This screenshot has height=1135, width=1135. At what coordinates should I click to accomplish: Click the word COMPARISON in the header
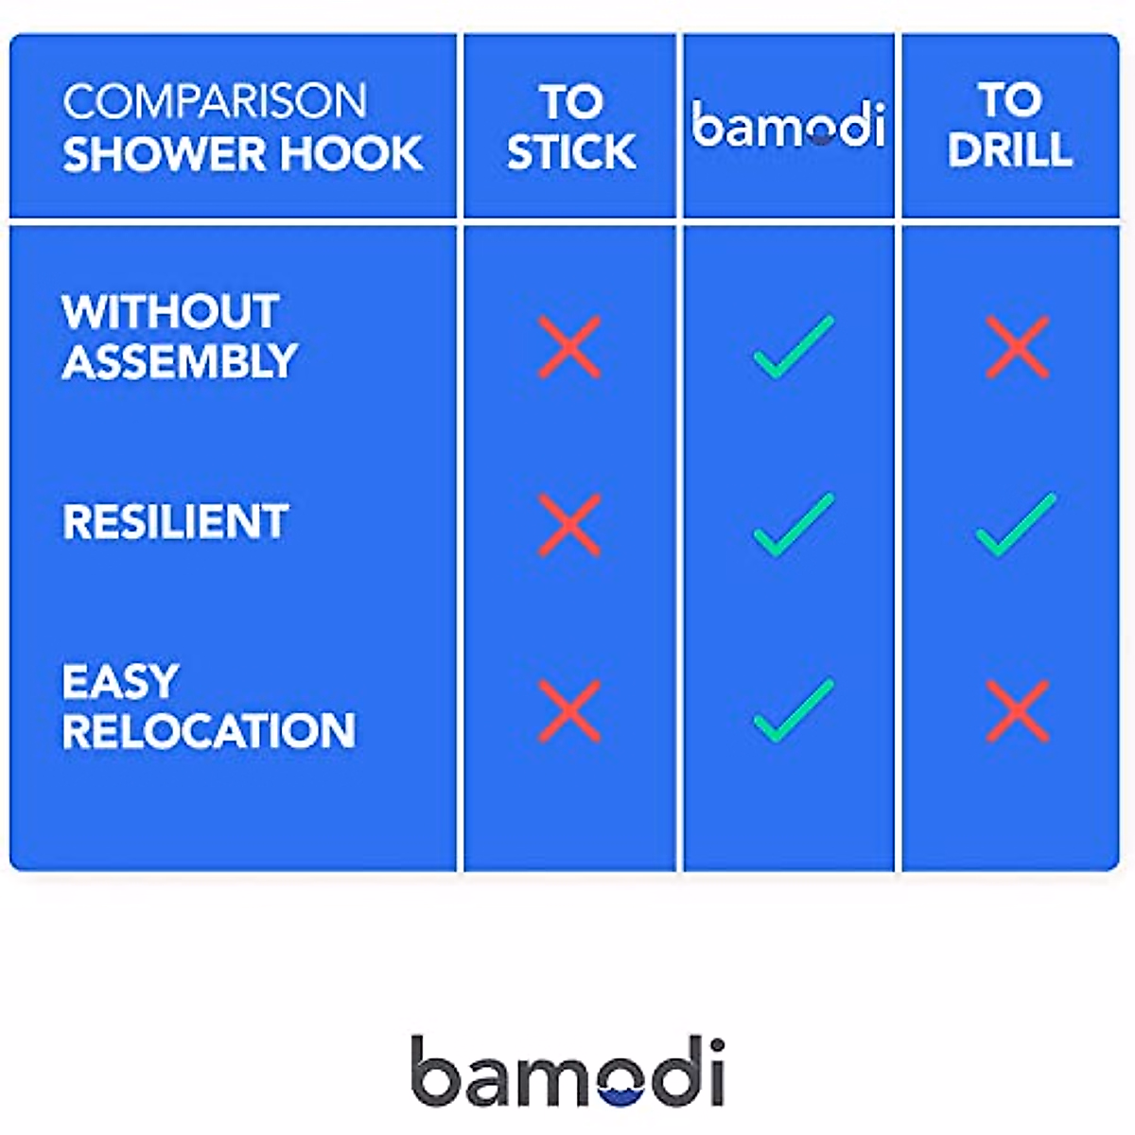[x=215, y=101]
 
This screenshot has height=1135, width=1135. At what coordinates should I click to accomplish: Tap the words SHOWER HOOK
[x=243, y=154]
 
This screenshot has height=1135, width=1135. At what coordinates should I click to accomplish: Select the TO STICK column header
[x=571, y=127]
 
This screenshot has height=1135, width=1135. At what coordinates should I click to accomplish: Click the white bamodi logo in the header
[x=789, y=124]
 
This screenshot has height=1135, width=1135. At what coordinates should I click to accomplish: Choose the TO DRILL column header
[x=1010, y=124]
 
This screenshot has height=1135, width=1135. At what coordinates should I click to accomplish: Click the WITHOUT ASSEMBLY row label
[x=180, y=337]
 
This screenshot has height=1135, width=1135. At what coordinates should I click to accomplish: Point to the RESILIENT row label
[x=176, y=522]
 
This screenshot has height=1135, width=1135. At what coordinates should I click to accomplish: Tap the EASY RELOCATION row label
[x=208, y=707]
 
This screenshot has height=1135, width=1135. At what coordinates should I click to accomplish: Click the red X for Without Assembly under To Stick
[x=569, y=347]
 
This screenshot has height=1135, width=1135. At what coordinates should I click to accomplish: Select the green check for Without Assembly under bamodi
[x=794, y=347]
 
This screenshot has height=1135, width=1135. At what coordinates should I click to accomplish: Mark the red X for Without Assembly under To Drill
[x=1017, y=347]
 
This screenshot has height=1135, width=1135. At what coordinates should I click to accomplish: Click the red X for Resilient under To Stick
[x=569, y=525]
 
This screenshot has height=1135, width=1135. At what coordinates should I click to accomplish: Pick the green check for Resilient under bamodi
[x=794, y=525]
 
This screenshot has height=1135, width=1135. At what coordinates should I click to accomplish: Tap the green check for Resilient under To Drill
[x=1016, y=525]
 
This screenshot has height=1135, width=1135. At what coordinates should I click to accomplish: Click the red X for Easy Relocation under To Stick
[x=569, y=711]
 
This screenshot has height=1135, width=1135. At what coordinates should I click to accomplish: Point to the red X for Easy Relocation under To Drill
[x=1017, y=711]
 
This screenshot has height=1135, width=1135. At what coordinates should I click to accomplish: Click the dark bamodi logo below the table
[x=567, y=1071]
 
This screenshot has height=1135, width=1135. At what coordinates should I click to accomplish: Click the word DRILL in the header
[x=1010, y=149]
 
